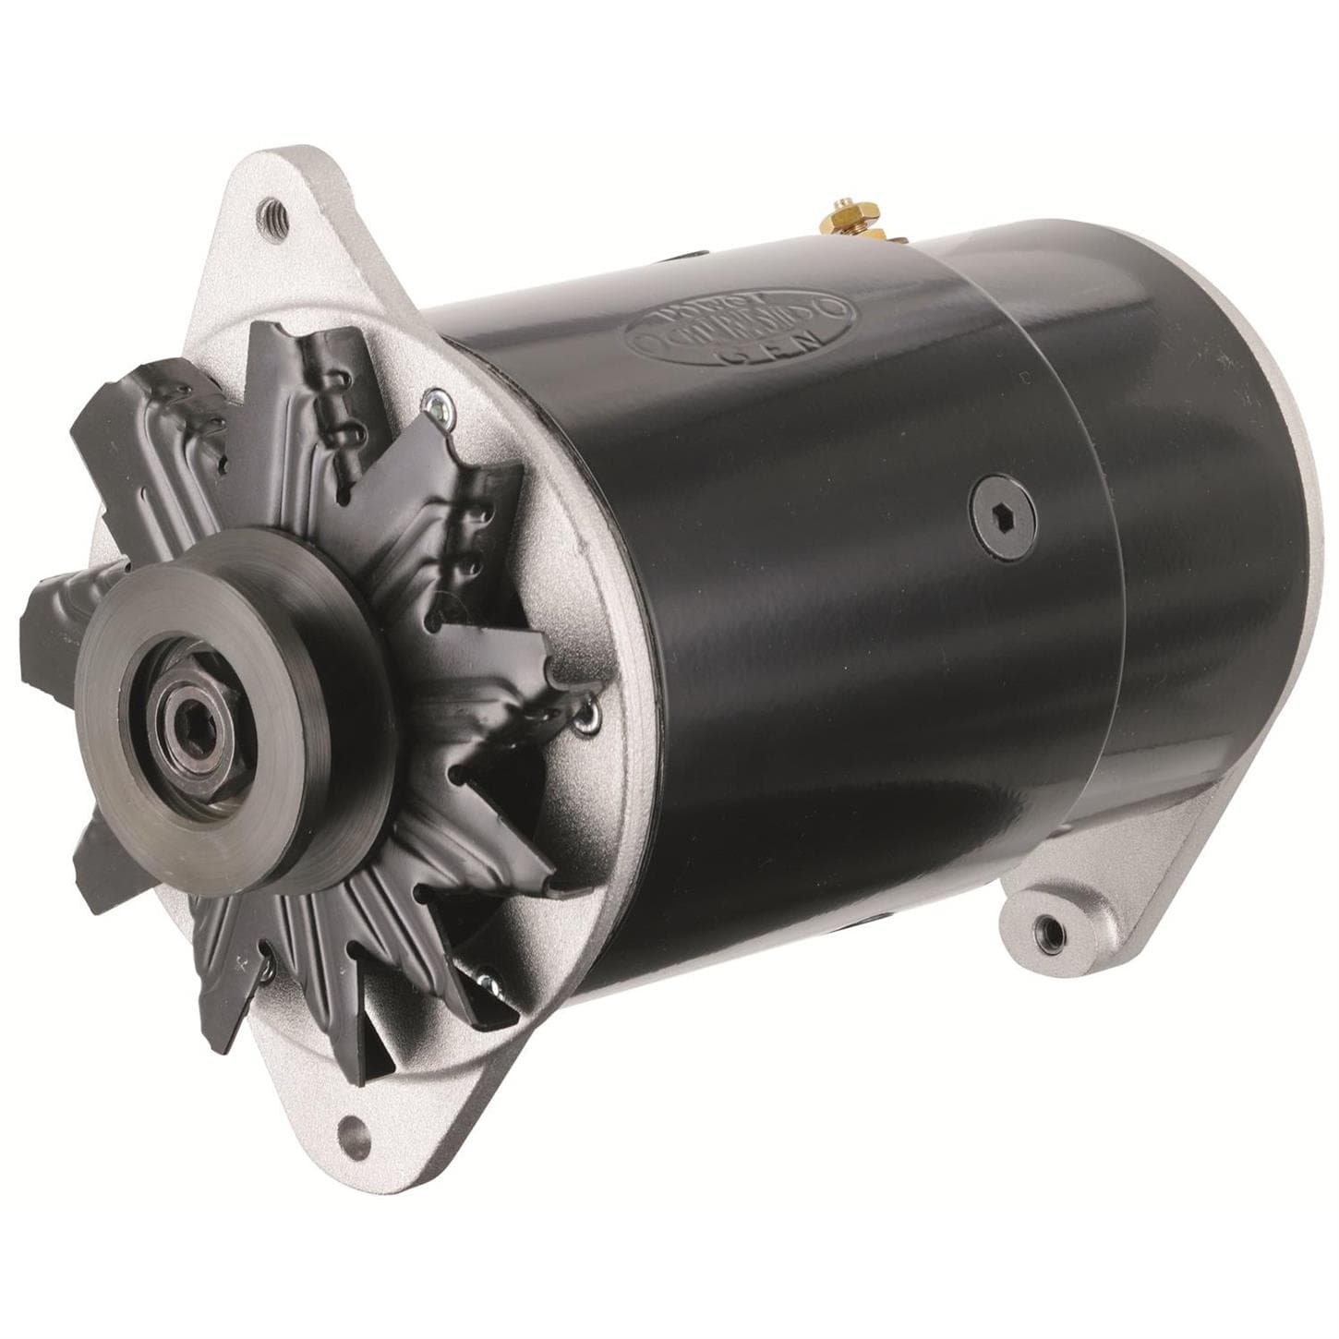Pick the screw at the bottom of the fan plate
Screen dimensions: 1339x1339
[x=484, y=974]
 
